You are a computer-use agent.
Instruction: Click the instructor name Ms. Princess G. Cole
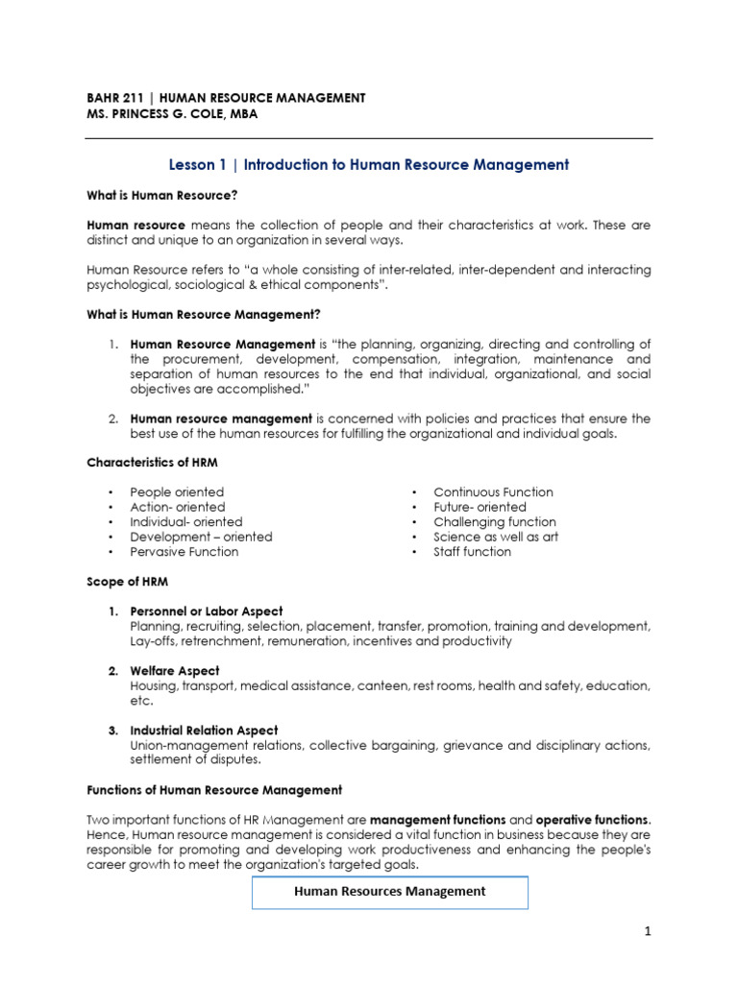coord(160,114)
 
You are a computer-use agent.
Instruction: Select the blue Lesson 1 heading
coord(368,165)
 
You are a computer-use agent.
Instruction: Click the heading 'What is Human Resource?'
coord(161,195)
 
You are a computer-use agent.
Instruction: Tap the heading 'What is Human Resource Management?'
coord(204,315)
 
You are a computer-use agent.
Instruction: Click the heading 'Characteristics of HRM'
coord(152,462)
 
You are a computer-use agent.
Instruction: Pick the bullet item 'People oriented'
coord(177,491)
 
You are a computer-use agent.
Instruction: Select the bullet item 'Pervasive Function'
coord(184,552)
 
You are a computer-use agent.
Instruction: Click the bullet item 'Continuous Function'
coord(493,491)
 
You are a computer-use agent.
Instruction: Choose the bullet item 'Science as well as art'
coord(495,537)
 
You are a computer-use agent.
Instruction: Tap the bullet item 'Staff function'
coord(472,552)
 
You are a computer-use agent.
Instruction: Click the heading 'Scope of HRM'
coord(127,582)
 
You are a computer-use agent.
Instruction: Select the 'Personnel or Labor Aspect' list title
coord(207,611)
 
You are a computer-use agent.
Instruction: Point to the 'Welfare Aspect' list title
coord(175,671)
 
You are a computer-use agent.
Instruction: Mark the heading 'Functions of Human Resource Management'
coord(214,790)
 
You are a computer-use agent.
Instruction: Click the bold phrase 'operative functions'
coord(592,820)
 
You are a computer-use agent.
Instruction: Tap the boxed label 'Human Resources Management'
coord(389,892)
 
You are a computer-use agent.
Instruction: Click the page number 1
coord(648,931)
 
